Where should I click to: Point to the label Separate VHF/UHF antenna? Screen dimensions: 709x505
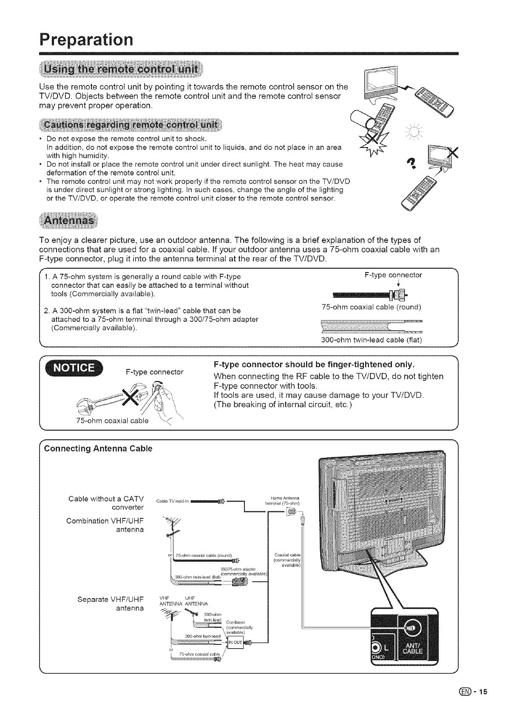tap(111, 604)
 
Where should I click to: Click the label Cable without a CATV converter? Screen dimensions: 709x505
tap(106, 502)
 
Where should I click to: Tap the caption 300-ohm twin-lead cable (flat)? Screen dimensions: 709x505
tap(372, 340)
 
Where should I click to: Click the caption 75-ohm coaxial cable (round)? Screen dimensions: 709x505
tap(371, 307)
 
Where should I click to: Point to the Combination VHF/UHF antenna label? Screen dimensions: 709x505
tap(105, 525)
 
